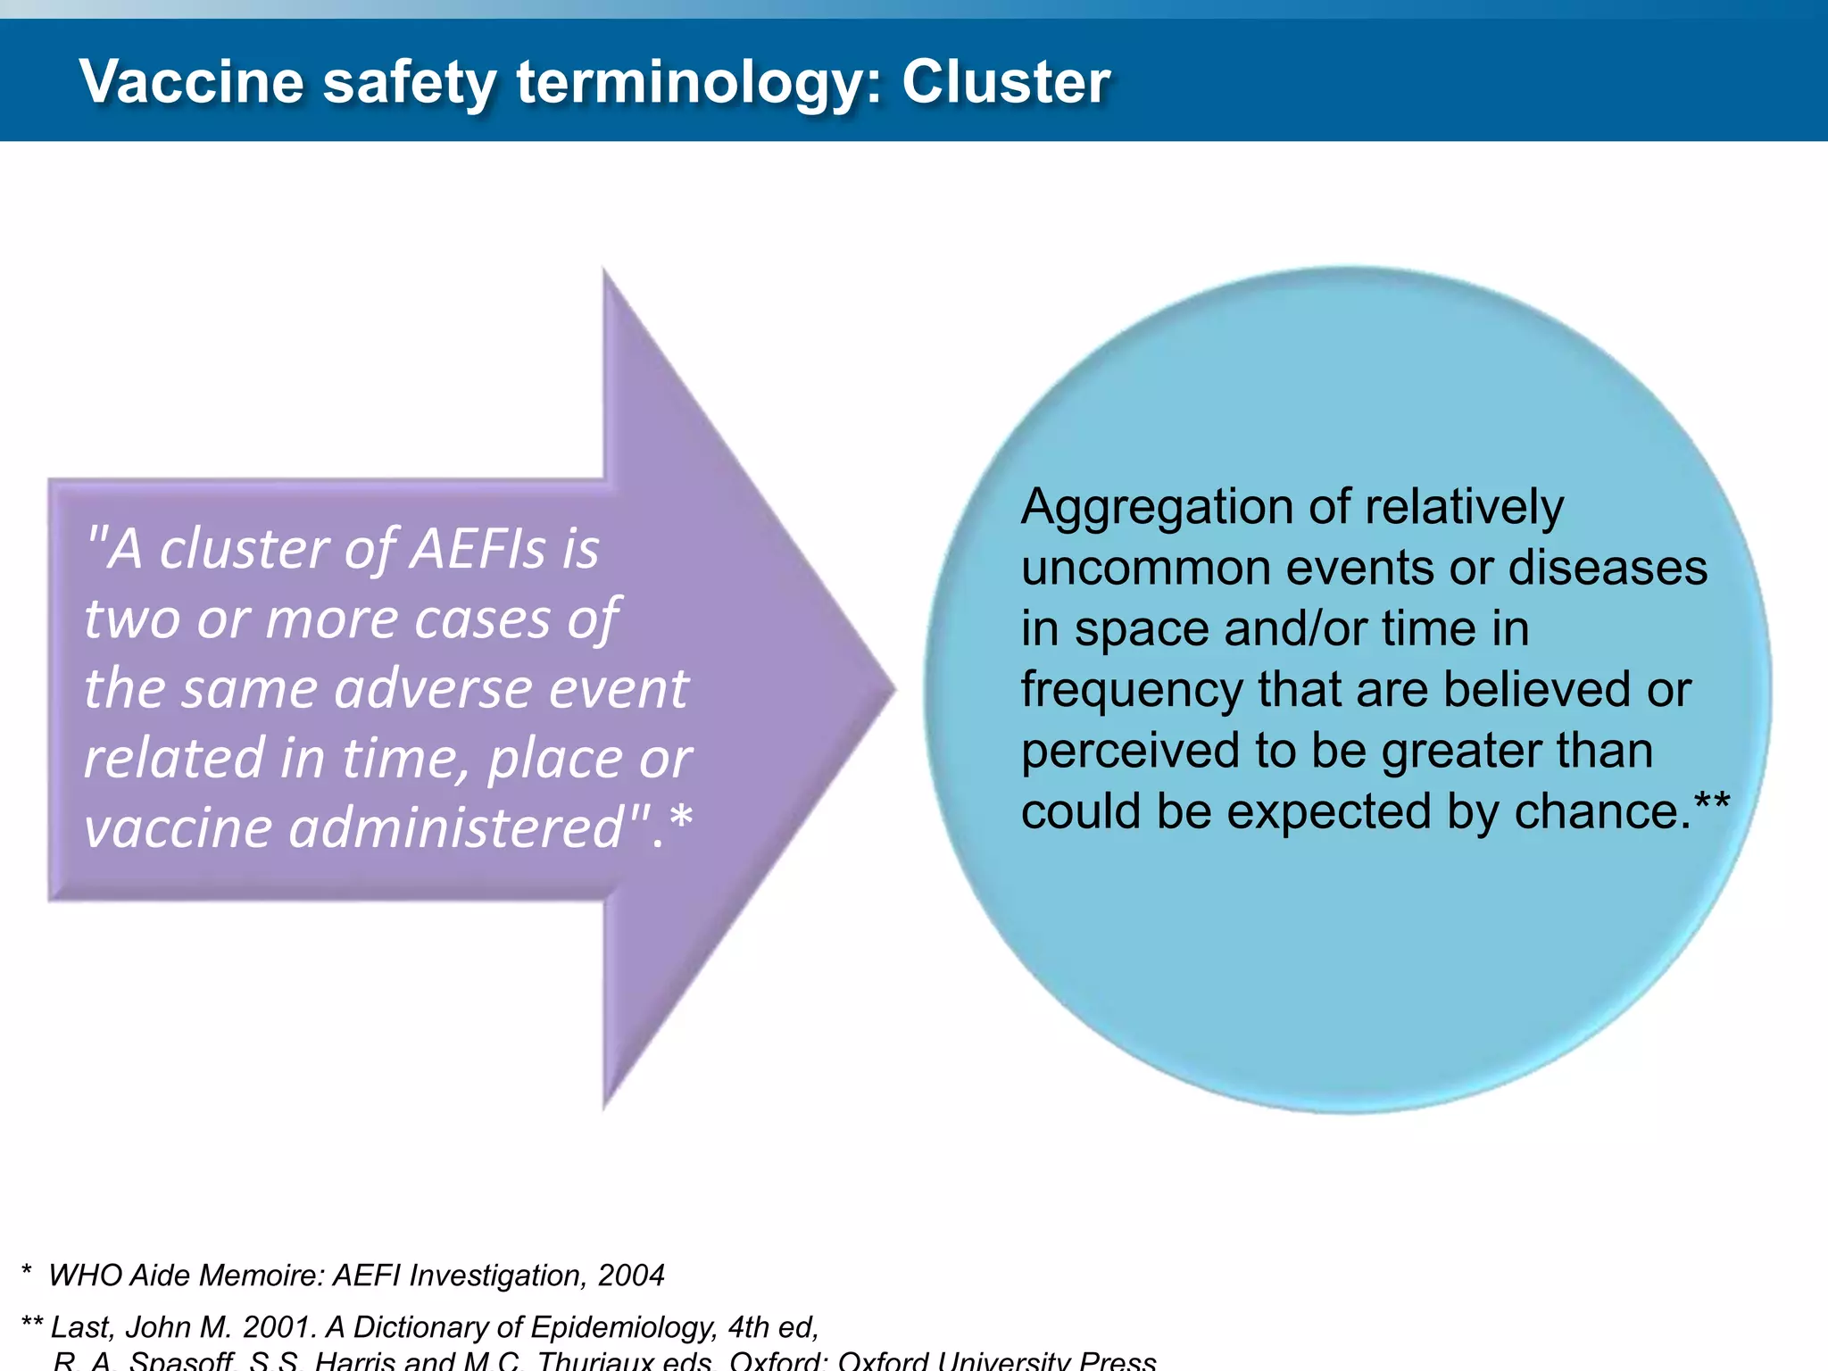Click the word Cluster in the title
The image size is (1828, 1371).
click(x=1006, y=82)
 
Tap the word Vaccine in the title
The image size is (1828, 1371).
click(x=192, y=82)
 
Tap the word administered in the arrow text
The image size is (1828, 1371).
click(x=455, y=827)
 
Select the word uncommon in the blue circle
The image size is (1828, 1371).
click(x=1133, y=569)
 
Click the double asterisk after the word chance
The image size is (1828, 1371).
click(x=1711, y=801)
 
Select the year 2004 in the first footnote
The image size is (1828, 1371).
click(x=631, y=1275)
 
